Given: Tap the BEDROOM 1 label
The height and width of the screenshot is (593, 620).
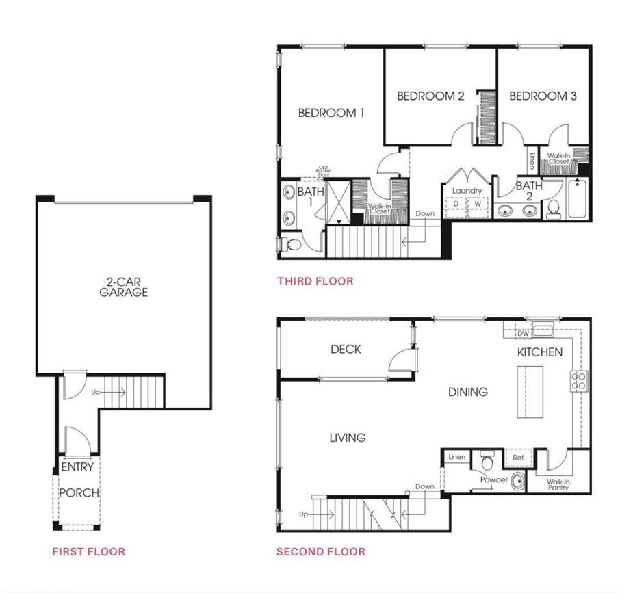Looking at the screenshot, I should pyautogui.click(x=331, y=113).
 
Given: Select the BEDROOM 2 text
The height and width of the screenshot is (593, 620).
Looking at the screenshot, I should pyautogui.click(x=430, y=96).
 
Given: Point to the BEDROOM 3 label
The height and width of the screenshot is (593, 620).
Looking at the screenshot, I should pyautogui.click(x=543, y=96).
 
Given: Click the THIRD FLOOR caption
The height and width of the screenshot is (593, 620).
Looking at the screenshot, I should pyautogui.click(x=315, y=280).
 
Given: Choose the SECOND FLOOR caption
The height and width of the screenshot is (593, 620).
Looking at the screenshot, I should pyautogui.click(x=320, y=551).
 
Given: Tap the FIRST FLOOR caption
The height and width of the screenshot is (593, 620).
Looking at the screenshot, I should pyautogui.click(x=89, y=551).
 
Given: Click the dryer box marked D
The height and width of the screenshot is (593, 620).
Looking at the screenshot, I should pyautogui.click(x=456, y=205).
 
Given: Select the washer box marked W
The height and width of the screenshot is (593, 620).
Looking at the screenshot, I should pyautogui.click(x=478, y=205).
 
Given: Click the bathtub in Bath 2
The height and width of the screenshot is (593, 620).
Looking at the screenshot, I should pyautogui.click(x=576, y=198).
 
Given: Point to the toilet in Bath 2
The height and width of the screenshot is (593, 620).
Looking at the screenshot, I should pyautogui.click(x=553, y=209).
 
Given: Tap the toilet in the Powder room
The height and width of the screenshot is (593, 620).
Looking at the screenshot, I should pyautogui.click(x=488, y=460).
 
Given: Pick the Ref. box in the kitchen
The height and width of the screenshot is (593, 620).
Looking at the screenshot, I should pyautogui.click(x=514, y=456).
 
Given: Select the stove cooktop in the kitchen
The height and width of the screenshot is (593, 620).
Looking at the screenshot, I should pyautogui.click(x=579, y=381).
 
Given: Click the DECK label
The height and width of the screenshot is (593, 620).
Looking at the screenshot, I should pyautogui.click(x=346, y=350).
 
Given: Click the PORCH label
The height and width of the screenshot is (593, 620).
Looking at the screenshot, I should pyautogui.click(x=79, y=492).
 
